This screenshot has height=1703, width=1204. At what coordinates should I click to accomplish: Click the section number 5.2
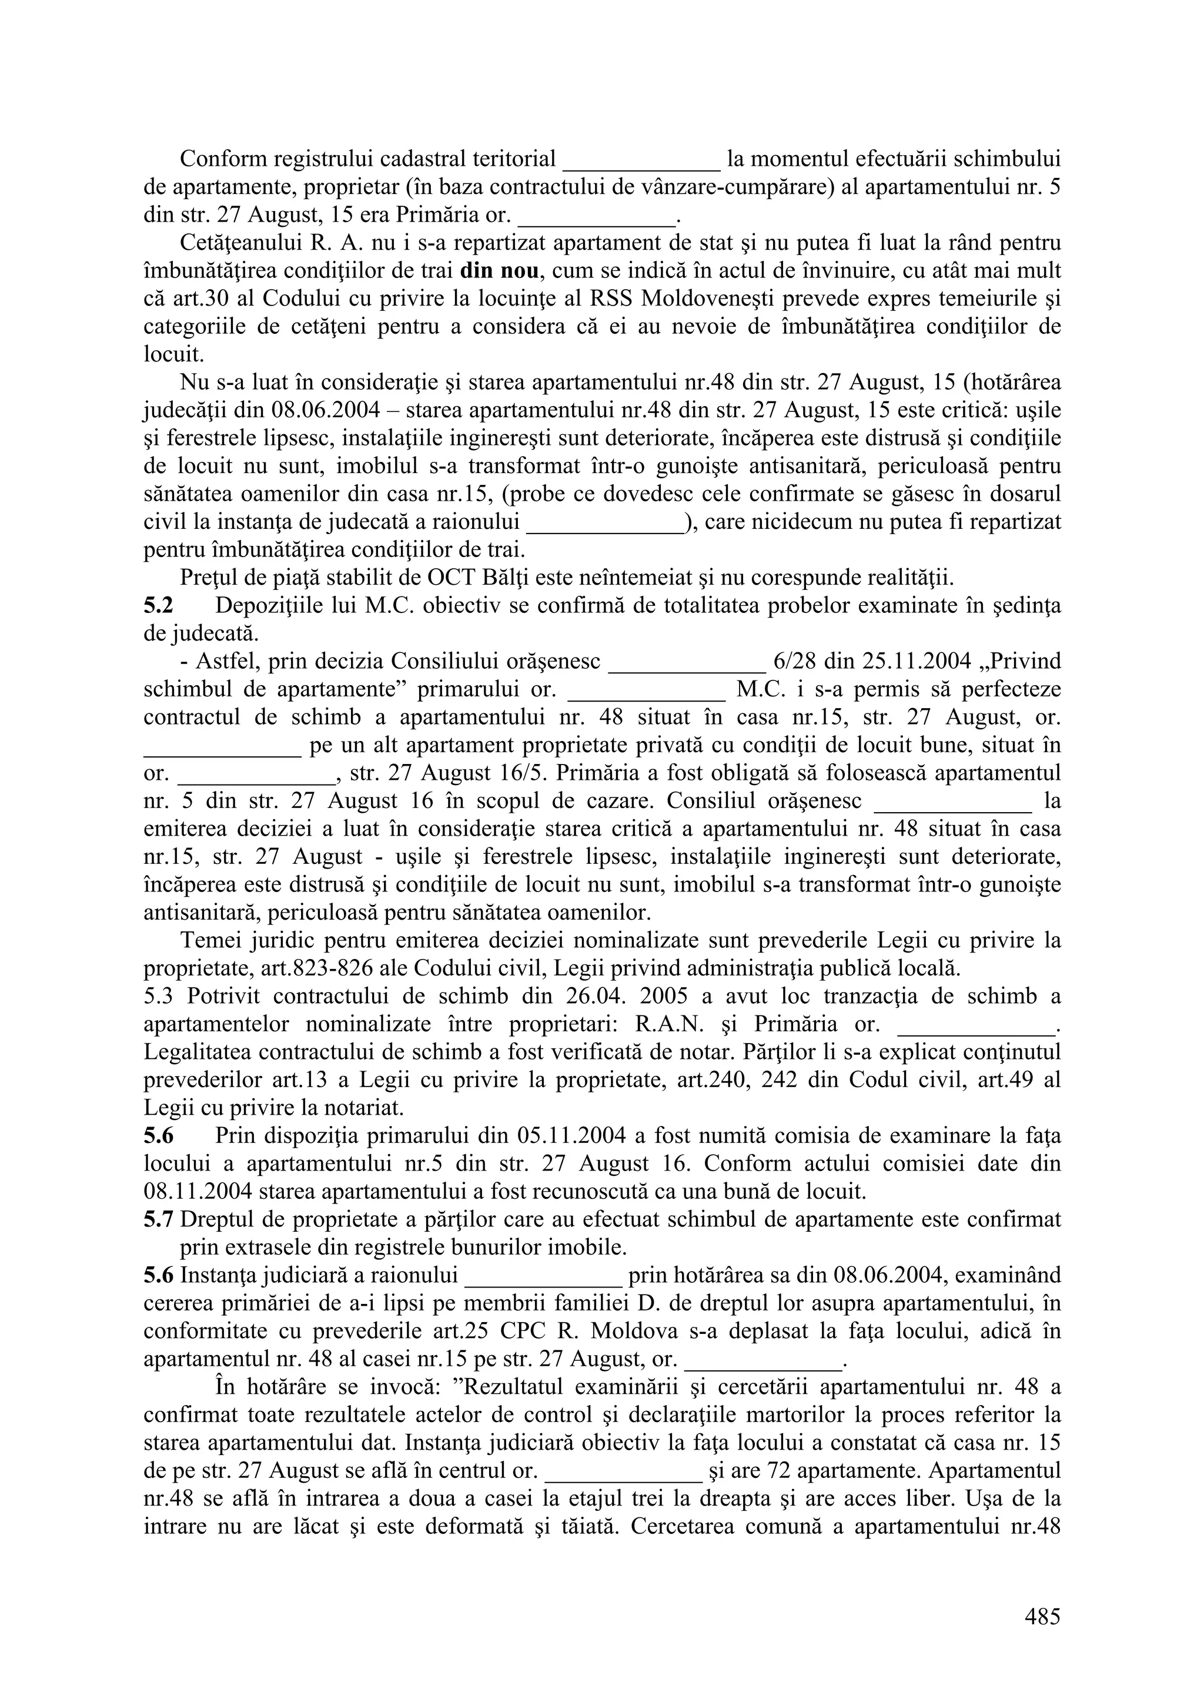(158, 606)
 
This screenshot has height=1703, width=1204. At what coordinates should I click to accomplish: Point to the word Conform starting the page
(223, 159)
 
